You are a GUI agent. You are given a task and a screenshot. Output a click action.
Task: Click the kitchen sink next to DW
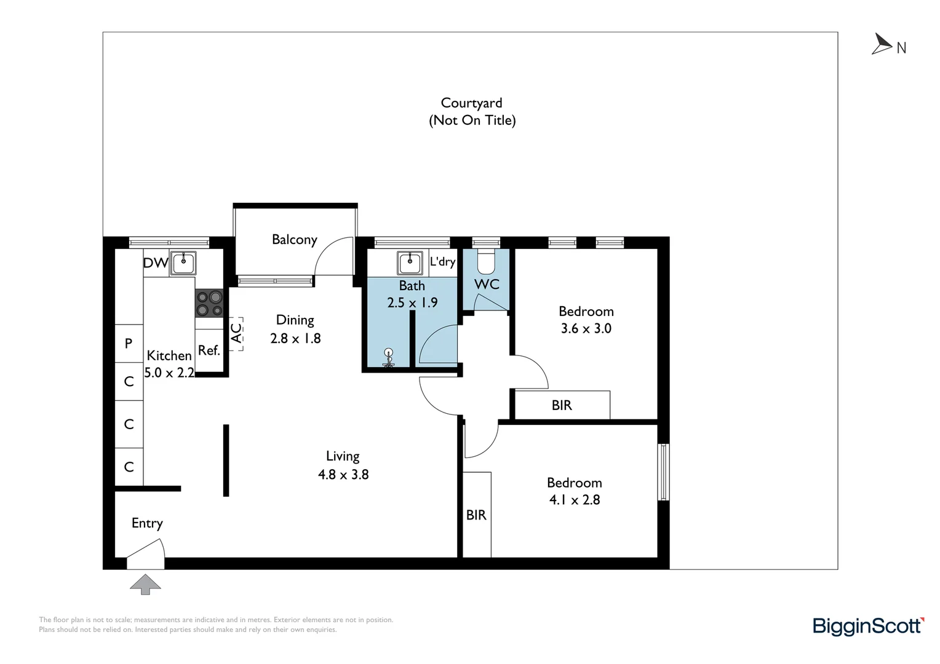183,263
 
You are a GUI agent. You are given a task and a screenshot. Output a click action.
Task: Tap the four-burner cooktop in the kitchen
209,303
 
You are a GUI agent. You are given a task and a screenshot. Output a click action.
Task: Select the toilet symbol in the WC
487,261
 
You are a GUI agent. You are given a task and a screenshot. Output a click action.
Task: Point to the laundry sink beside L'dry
410,263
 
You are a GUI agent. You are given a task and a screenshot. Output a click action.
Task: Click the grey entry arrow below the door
145,584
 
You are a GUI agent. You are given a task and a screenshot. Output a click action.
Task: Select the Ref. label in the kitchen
209,350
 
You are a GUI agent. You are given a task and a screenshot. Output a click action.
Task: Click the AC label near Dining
237,333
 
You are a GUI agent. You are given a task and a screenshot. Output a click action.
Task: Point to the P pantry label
129,344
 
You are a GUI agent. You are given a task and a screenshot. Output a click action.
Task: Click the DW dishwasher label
156,263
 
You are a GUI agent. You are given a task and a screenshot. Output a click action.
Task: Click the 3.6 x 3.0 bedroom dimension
586,328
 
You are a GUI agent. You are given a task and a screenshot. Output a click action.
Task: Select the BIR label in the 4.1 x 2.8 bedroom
476,515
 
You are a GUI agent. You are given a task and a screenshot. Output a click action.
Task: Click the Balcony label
295,240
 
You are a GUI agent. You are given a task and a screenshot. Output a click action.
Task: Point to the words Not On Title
472,121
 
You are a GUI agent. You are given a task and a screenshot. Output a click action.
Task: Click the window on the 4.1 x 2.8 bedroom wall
663,472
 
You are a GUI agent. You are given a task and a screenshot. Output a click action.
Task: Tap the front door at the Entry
146,554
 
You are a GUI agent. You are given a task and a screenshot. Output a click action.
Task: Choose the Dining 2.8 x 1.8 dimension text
295,338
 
